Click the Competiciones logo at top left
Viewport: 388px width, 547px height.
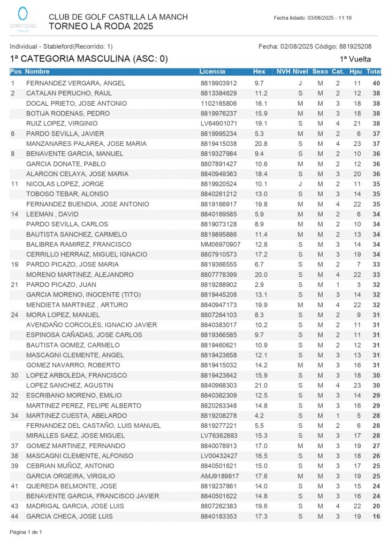pos(23,19)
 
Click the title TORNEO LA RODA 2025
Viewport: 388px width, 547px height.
pos(101,26)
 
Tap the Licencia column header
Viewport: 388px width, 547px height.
pos(212,71)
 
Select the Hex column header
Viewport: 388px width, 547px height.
pos(259,71)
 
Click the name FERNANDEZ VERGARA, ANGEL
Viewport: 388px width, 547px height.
pos(75,83)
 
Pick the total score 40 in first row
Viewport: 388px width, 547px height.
pos(376,83)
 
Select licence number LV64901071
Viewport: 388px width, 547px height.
pos(218,123)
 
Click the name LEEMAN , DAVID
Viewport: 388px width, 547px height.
pos(52,214)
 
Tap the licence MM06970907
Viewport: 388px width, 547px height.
pos(220,244)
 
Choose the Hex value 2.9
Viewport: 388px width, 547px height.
pos(259,285)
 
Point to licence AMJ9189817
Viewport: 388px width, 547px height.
pos(219,476)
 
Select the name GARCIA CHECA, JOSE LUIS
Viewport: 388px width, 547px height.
pos(69,517)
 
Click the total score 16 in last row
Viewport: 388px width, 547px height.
pos(376,517)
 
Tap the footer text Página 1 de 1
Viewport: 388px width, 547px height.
pos(26,532)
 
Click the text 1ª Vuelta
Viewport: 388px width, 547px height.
pos(355,59)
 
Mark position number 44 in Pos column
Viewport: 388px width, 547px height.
pos(15,517)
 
